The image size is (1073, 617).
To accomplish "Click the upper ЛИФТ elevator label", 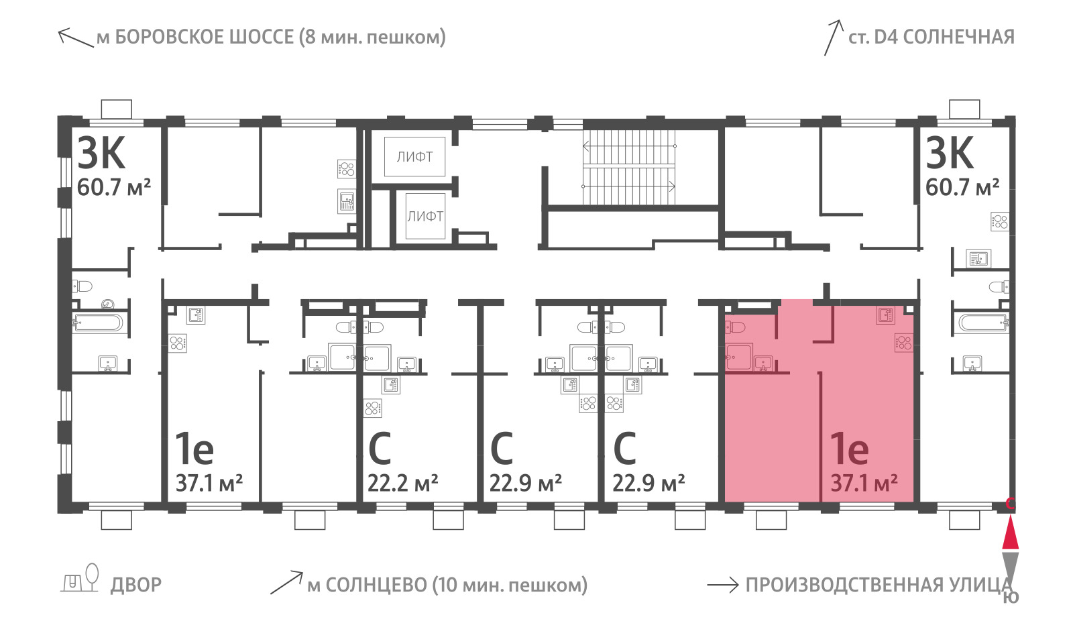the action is coord(415,157).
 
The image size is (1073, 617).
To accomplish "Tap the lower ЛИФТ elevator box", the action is coord(425,216).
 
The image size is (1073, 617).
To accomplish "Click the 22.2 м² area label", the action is coord(402,483).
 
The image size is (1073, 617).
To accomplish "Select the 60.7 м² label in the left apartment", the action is coord(114,187).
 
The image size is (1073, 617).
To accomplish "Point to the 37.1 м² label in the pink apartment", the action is coord(864,483).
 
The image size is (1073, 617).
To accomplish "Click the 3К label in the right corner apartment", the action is coord(950,153).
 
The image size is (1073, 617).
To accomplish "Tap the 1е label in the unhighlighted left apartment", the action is coord(194,449).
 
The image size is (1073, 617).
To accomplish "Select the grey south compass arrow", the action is coord(1010,569).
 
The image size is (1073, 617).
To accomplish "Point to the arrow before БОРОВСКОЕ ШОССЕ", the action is coord(76,38).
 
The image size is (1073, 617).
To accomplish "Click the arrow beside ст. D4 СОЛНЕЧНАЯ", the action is coord(833,38).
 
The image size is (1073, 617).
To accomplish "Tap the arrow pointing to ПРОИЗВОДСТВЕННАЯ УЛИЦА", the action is coord(723,585).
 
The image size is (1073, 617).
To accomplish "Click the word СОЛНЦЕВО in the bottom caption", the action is coord(367,585).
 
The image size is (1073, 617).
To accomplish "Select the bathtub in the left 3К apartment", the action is coord(99,323).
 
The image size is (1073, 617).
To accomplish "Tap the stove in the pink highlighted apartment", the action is coord(904,343).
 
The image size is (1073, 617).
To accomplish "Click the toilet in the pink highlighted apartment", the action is coord(735,328).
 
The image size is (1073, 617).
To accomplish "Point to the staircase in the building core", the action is coord(628,166).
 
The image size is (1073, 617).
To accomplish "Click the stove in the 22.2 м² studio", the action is coord(372,408).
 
